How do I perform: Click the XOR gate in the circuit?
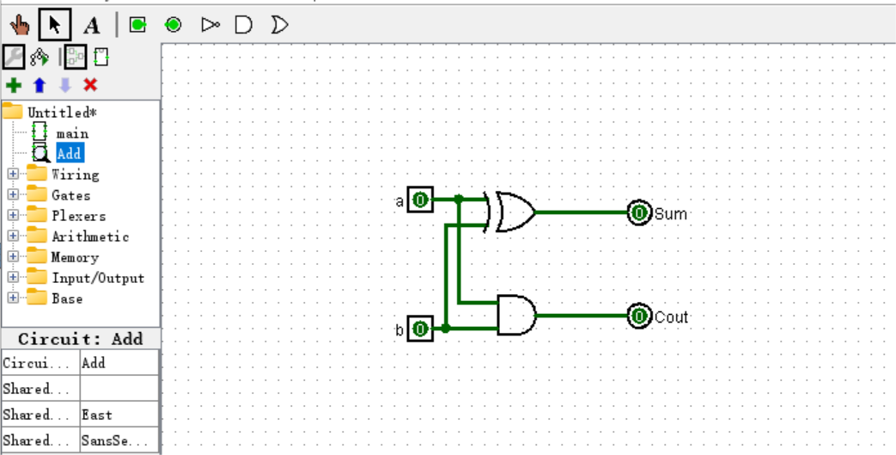tap(513, 212)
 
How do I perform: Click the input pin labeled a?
tap(420, 200)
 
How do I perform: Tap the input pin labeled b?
tap(420, 329)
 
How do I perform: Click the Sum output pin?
tap(638, 212)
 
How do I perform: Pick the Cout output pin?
tap(638, 317)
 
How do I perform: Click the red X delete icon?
tap(90, 84)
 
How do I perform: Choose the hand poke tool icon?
tap(20, 24)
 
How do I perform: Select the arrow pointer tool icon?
tap(54, 24)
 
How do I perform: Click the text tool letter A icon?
tap(91, 24)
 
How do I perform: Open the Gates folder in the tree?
tap(70, 195)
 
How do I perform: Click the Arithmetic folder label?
tap(89, 237)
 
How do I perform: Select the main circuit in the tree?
tap(72, 133)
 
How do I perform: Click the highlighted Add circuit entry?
tap(69, 153)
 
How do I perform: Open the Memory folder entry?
tap(75, 257)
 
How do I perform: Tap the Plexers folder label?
tap(78, 216)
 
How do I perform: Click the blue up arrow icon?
tap(39, 84)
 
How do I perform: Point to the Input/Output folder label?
tap(97, 278)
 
